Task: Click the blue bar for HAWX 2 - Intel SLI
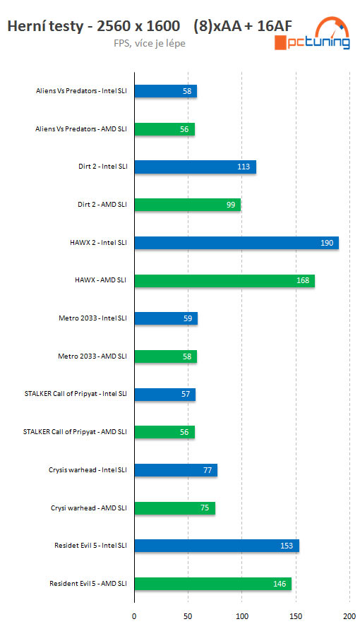tap(236, 243)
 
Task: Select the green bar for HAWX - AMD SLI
tap(224, 281)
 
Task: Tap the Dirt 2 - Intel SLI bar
tap(194, 167)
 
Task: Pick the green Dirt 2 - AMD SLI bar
tap(187, 205)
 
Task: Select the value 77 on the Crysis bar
tap(208, 470)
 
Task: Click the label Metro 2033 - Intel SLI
tap(92, 318)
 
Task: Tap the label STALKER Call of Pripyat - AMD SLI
tap(74, 432)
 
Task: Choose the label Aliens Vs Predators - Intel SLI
tap(81, 90)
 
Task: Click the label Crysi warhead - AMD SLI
tap(89, 508)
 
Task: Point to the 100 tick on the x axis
tap(241, 616)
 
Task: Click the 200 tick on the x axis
tap(349, 616)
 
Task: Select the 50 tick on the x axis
tap(188, 616)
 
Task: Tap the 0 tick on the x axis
tap(134, 616)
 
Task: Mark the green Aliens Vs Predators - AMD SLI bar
tap(164, 128)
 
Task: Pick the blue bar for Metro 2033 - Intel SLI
tap(165, 318)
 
